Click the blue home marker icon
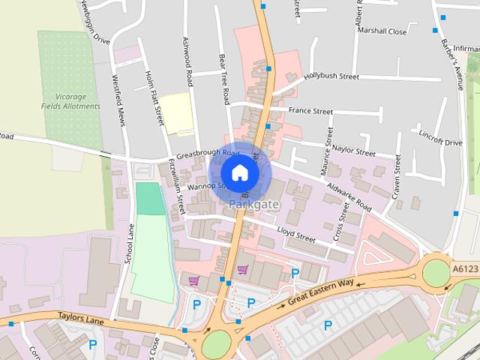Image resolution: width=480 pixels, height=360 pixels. pos(239,172)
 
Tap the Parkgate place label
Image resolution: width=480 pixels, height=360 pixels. pos(254,205)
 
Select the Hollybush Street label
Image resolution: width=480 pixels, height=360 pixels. pos(331,76)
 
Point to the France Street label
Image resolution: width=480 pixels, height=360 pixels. pos(310,111)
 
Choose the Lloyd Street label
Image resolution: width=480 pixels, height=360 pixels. pos(296,234)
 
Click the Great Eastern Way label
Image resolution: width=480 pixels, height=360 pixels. pos(320,292)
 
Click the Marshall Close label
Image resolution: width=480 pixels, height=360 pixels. pos(382,32)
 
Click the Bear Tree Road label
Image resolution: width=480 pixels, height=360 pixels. pos(223,78)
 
